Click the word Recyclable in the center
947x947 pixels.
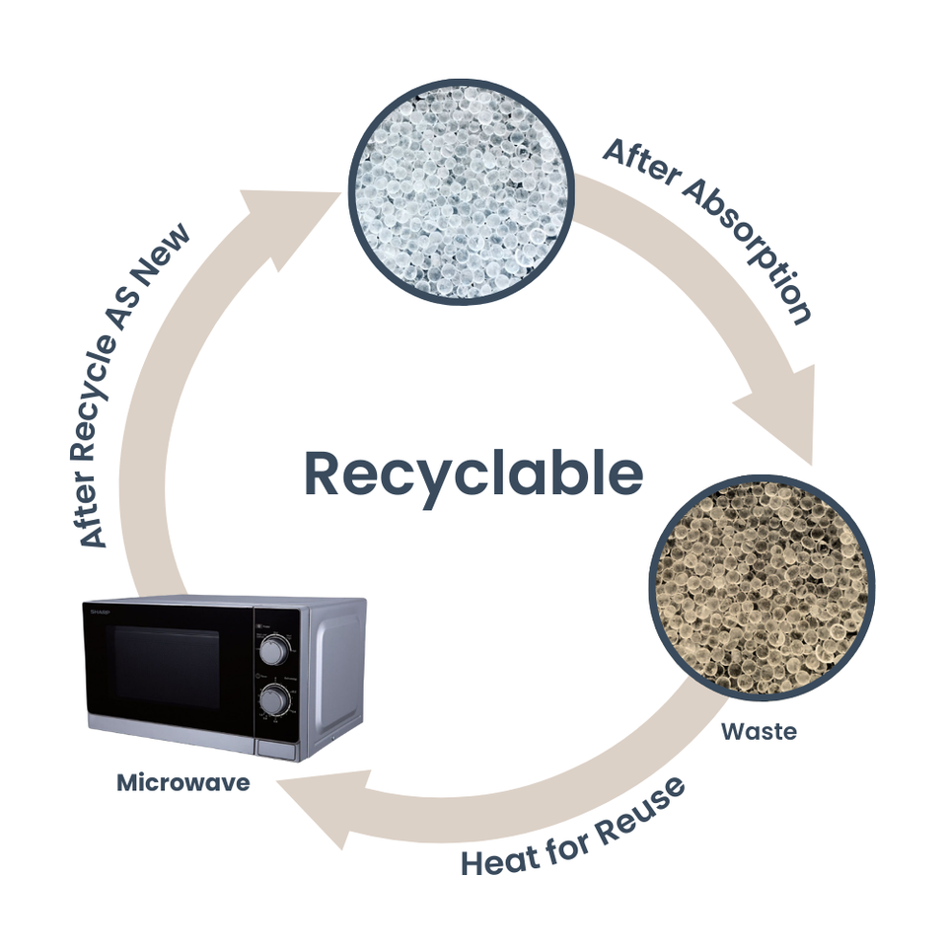point(474,473)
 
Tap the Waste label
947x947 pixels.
point(758,732)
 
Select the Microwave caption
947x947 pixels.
point(182,782)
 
